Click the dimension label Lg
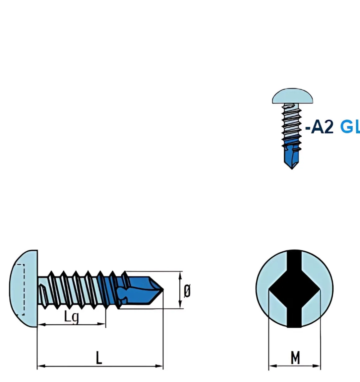pyautogui.click(x=71, y=317)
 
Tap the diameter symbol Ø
pyautogui.click(x=187, y=291)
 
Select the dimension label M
pyautogui.click(x=295, y=358)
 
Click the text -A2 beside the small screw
pyautogui.click(x=320, y=127)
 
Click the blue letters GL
pyautogui.click(x=350, y=127)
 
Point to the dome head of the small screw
pyautogui.click(x=292, y=97)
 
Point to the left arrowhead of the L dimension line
pyautogui.click(x=40, y=366)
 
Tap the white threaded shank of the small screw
pyautogui.click(x=291, y=124)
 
